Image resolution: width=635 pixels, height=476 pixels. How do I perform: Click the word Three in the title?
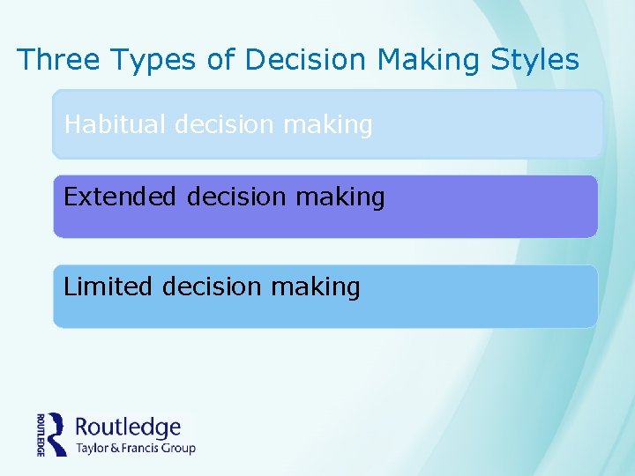pyautogui.click(x=58, y=59)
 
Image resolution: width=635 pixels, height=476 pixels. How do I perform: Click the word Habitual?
pyautogui.click(x=116, y=124)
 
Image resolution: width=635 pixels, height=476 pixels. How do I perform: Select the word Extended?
pyautogui.click(x=120, y=197)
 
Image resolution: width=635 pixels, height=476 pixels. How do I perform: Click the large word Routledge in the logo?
pyautogui.click(x=128, y=428)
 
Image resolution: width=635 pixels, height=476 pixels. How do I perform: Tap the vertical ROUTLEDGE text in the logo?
pyautogui.click(x=41, y=434)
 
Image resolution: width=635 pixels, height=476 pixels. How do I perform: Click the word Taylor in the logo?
pyautogui.click(x=93, y=448)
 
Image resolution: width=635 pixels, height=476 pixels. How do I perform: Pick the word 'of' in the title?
pyautogui.click(x=220, y=59)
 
